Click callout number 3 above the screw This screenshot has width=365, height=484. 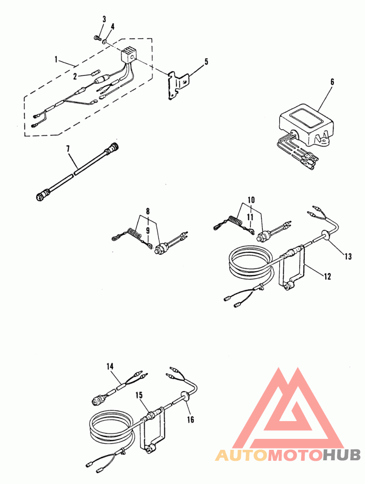104,19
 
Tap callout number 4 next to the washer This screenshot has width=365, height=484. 113,26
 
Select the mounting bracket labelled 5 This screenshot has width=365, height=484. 179,85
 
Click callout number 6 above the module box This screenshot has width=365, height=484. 332,82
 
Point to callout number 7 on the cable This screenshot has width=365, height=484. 68,149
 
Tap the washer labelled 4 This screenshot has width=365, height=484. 106,41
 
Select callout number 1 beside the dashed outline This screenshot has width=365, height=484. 56,59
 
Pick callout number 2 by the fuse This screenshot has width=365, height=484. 75,77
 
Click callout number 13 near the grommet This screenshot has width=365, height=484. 348,256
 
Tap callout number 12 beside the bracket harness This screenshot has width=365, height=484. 327,276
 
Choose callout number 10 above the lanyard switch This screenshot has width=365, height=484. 251,200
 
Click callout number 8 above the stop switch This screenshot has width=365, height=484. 148,211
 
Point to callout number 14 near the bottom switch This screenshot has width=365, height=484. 110,366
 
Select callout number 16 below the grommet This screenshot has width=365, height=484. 191,419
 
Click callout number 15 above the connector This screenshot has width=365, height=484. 139,395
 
